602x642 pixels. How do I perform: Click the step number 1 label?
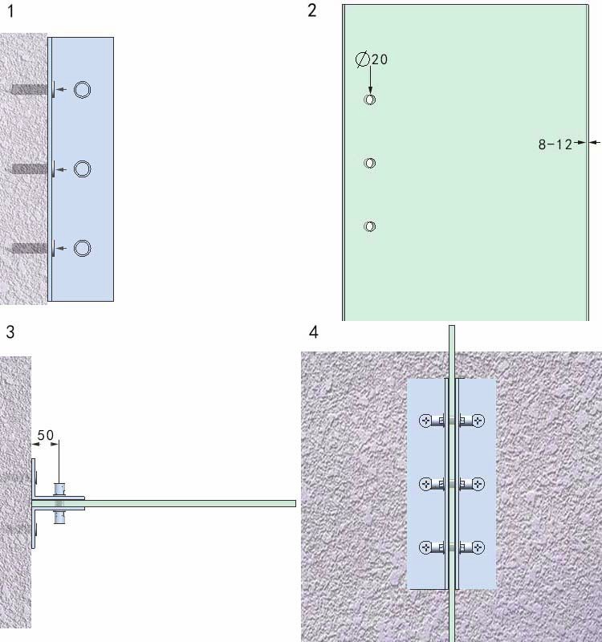click(11, 10)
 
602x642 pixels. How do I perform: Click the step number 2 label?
click(312, 10)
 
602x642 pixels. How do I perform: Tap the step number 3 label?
click(10, 332)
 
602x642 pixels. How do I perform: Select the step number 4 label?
click(314, 332)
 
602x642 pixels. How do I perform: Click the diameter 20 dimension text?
click(372, 59)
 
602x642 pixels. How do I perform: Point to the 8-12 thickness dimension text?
click(555, 144)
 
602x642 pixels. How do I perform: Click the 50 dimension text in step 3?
click(46, 435)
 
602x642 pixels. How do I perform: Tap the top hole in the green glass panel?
click(370, 100)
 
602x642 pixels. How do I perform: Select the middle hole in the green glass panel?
click(370, 163)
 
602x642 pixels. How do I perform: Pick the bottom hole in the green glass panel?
click(370, 226)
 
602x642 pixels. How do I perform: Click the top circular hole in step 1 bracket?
click(83, 90)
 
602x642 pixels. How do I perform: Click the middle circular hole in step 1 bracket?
click(83, 169)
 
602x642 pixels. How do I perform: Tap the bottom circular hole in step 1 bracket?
click(83, 248)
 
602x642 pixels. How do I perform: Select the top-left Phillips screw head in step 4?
click(426, 421)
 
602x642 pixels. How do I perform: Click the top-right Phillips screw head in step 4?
click(478, 421)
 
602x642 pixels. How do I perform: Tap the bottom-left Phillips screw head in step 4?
click(426, 547)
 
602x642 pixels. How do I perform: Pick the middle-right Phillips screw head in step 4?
click(478, 484)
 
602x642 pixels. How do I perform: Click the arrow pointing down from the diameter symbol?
click(371, 79)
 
